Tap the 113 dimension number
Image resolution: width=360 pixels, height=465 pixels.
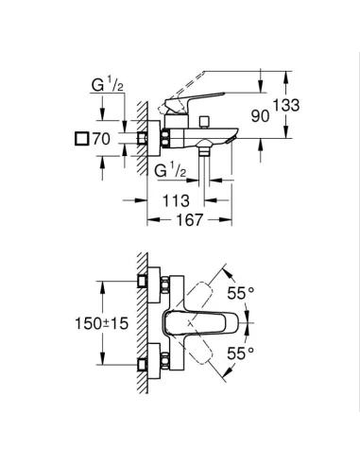pos(178,200)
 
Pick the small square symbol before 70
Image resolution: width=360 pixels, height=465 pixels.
pos(83,139)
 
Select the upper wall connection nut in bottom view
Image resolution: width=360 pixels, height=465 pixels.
pos(146,284)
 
